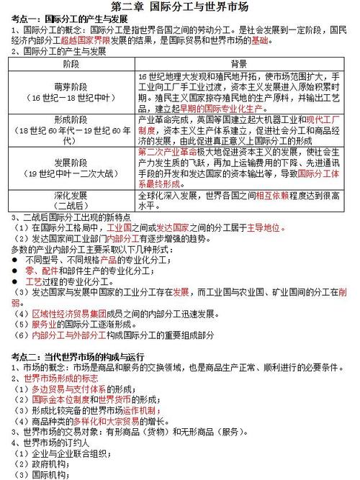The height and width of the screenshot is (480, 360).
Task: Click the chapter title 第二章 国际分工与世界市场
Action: click(x=180, y=7)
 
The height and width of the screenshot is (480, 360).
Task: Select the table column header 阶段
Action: click(x=71, y=64)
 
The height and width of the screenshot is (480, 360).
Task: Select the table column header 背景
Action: click(x=239, y=64)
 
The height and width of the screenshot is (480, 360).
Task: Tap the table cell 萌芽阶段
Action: click(x=71, y=86)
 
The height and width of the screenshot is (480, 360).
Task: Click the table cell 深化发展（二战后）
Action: click(x=71, y=200)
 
